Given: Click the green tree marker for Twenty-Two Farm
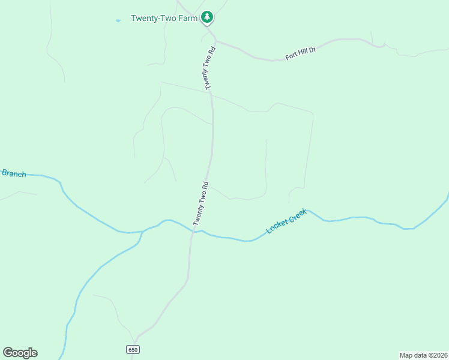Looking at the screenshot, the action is tap(207, 17).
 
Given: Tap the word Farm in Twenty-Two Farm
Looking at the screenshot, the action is tap(187, 18).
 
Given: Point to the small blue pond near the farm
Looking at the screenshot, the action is tap(118, 20).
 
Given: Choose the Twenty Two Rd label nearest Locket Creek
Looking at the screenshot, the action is tap(201, 203).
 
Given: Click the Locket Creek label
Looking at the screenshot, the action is tap(286, 221).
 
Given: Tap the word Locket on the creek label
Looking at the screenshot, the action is tap(277, 226).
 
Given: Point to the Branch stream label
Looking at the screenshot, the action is tap(14, 173).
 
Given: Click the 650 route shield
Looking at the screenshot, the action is tap(133, 350).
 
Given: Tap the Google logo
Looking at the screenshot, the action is tap(20, 353).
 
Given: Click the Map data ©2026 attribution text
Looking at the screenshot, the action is tap(423, 355).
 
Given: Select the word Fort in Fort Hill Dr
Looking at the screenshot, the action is tap(291, 56).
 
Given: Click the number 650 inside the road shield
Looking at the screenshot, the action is tap(133, 350).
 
